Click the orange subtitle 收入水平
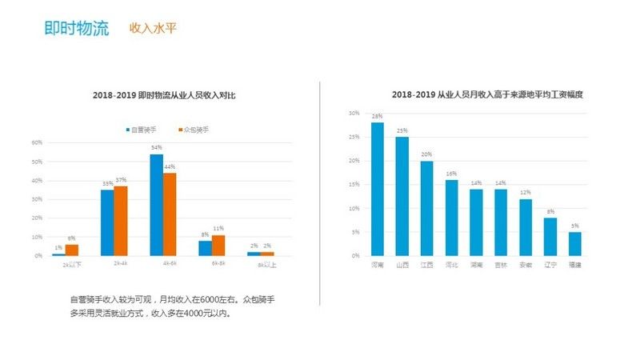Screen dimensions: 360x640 tap(153, 29)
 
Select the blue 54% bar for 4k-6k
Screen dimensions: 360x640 tap(157, 205)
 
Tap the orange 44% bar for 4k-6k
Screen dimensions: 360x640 tap(170, 214)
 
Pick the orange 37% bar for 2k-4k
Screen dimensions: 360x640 tap(121, 221)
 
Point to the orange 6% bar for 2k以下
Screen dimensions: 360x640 tap(72, 250)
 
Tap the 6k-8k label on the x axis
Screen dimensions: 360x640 tap(219, 263)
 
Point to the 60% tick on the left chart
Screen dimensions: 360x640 tap(37, 142)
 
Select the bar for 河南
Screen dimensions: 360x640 tap(378, 189)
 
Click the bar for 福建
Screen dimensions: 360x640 tap(574, 243)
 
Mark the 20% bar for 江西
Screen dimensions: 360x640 tap(426, 208)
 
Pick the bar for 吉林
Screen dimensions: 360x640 tap(501, 222)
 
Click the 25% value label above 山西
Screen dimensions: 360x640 tap(402, 130)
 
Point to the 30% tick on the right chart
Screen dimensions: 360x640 tap(354, 113)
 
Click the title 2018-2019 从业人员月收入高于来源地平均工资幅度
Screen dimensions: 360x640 tap(475, 94)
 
